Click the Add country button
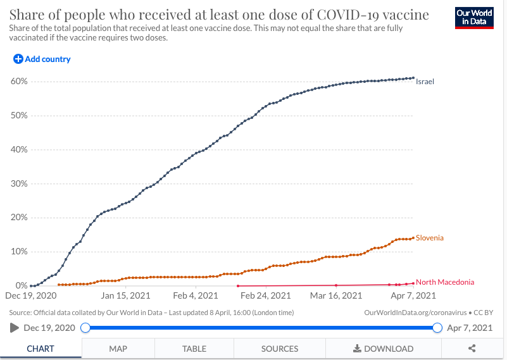(42, 59)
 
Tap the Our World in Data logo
(474, 18)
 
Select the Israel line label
(425, 82)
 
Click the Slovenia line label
(430, 238)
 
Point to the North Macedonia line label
(445, 282)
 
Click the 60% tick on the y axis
(18, 82)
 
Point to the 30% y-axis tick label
(18, 184)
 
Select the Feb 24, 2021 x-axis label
(266, 295)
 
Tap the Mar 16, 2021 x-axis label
(336, 295)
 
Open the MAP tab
(118, 349)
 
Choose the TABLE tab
(194, 349)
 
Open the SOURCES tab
(280, 349)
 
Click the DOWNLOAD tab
(384, 349)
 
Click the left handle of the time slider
(85, 328)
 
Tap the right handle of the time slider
(437, 328)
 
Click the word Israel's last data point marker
(413, 78)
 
